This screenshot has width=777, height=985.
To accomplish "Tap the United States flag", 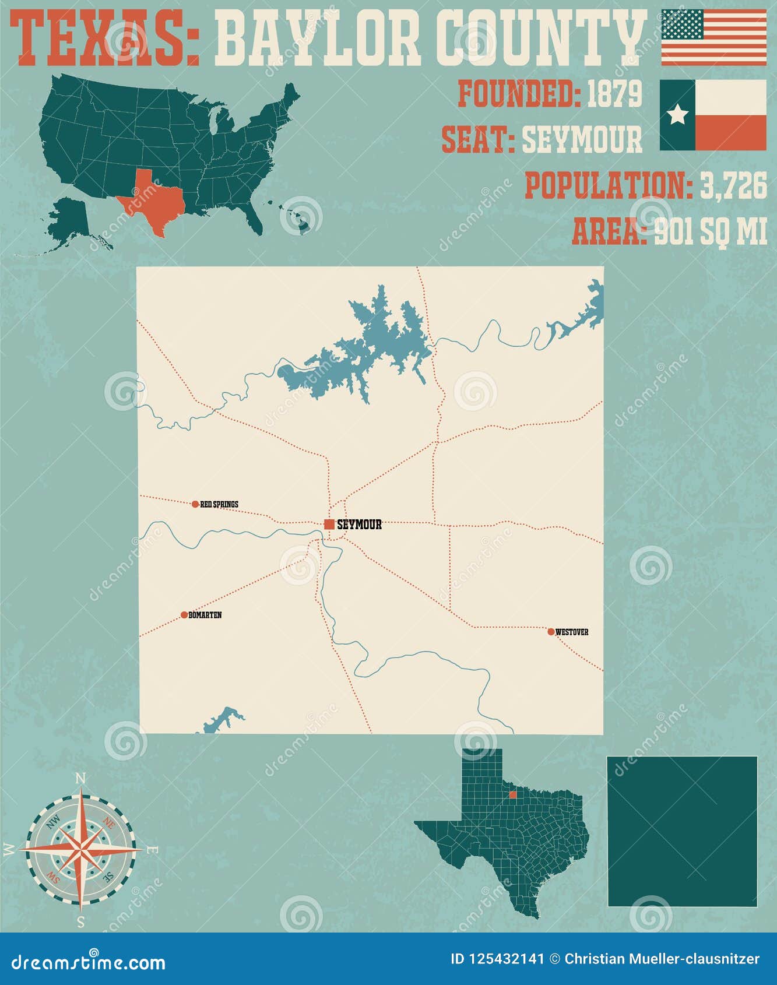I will tap(713, 37).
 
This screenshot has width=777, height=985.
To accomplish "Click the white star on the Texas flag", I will tap(677, 115).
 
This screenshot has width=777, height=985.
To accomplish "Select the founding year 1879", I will tap(614, 93).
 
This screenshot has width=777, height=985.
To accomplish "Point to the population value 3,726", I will tap(733, 186).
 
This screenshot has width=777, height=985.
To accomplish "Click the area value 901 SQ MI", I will tap(710, 231).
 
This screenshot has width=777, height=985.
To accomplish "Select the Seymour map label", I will tap(359, 525).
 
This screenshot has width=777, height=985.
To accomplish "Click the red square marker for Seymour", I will tap(329, 524).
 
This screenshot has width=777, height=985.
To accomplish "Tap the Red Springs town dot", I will tap(195, 504).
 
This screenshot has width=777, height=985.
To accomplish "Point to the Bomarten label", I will tap(205, 615).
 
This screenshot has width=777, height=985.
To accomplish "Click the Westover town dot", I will tap(551, 632).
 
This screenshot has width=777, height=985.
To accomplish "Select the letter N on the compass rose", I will tap(82, 779).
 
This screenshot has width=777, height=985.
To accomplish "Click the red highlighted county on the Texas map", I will tap(512, 794).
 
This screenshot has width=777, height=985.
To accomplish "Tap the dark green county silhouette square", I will tap(682, 831).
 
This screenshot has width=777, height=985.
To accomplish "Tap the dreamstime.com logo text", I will tap(89, 962).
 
